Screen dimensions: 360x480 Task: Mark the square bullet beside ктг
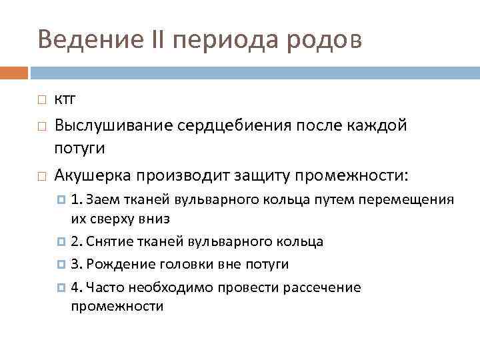coord(41,101)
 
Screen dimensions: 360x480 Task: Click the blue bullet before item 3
coord(61,265)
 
